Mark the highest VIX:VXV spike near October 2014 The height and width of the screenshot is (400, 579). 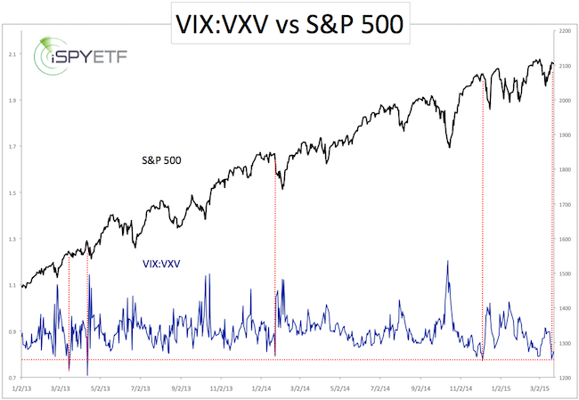point(447,261)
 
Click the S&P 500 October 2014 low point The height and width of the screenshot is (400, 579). point(449,147)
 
